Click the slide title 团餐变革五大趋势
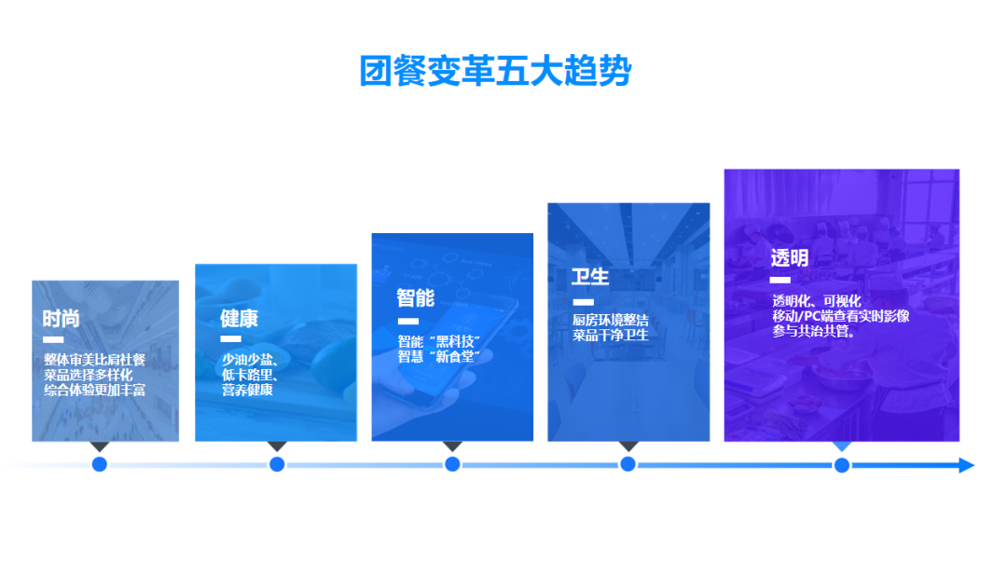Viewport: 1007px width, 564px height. click(x=495, y=71)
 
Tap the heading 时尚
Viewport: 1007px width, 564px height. click(x=61, y=318)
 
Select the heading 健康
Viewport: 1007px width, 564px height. click(x=239, y=318)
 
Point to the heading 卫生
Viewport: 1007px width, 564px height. click(x=590, y=277)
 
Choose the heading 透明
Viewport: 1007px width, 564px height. click(x=789, y=257)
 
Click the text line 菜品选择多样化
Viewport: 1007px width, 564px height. click(x=94, y=375)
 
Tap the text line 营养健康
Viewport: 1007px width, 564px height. click(x=246, y=391)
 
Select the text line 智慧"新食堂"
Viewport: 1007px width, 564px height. click(x=438, y=357)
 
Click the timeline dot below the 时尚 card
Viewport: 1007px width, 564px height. click(x=100, y=464)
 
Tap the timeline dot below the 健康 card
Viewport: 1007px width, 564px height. click(x=277, y=464)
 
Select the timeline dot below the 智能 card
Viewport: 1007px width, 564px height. click(x=452, y=464)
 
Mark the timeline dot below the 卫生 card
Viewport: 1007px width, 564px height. click(x=628, y=464)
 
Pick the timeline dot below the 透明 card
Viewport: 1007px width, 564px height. click(x=842, y=464)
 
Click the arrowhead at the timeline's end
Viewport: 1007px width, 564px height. click(x=966, y=464)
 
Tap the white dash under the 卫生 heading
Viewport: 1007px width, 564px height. click(x=583, y=302)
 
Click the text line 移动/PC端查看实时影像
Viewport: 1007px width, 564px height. click(x=840, y=316)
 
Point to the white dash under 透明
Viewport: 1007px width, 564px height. click(x=780, y=280)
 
